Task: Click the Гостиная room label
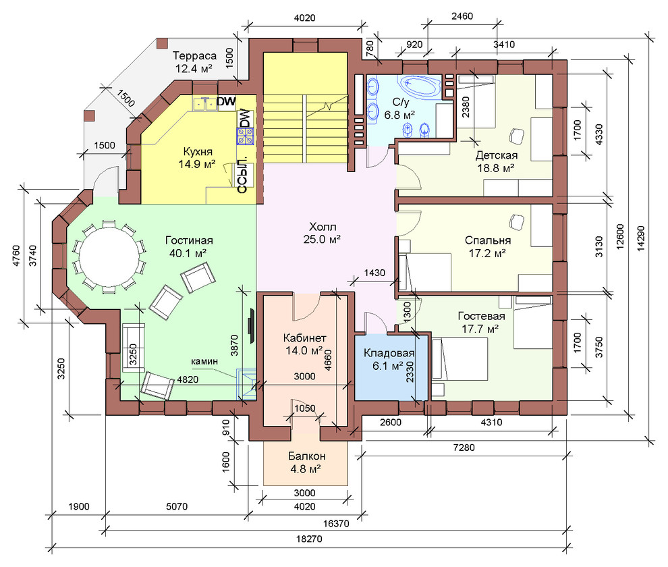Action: pyautogui.click(x=189, y=240)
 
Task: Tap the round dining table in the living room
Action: pyautogui.click(x=109, y=256)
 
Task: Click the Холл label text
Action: pyautogui.click(x=323, y=226)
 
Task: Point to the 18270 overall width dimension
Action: pyautogui.click(x=309, y=539)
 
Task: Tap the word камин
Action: pyautogui.click(x=204, y=361)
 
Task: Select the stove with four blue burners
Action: pyautogui.click(x=246, y=136)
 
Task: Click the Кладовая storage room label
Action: pyautogui.click(x=389, y=353)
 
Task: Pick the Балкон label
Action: pyautogui.click(x=307, y=456)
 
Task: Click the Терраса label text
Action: pyautogui.click(x=194, y=56)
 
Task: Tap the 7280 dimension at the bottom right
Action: pyautogui.click(x=464, y=448)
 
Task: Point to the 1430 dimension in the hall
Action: pyautogui.click(x=374, y=273)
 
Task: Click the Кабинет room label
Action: pyautogui.click(x=304, y=338)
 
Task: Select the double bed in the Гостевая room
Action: pyautogui.click(x=460, y=359)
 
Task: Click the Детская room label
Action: pyautogui.click(x=497, y=155)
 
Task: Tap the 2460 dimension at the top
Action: pyautogui.click(x=462, y=16)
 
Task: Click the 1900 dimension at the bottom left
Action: pyautogui.click(x=79, y=506)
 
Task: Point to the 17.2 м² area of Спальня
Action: pyautogui.click(x=487, y=254)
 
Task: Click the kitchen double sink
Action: pyautogui.click(x=205, y=103)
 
